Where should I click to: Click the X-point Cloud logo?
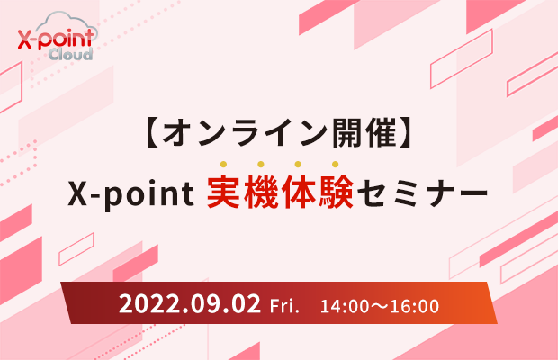pyautogui.click(x=58, y=36)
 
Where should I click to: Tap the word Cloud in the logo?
pyautogui.click(x=70, y=54)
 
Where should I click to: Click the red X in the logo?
pyautogui.click(x=24, y=40)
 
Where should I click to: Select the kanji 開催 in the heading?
pyautogui.click(x=364, y=133)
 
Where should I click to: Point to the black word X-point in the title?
pyautogui.click(x=131, y=193)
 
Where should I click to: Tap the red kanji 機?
pyautogui.click(x=261, y=192)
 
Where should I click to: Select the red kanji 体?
pyautogui.click(x=298, y=192)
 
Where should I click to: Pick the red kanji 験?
pyautogui.click(x=336, y=192)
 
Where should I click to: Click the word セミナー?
pyautogui.click(x=422, y=193)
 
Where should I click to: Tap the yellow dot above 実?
pyautogui.click(x=223, y=164)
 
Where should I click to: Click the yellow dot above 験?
pyautogui.click(x=335, y=164)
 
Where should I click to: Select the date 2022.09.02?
pyautogui.click(x=190, y=304)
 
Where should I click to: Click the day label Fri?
pyautogui.click(x=284, y=306)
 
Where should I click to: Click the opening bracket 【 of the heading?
pyautogui.click(x=153, y=133)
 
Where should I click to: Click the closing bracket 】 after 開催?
pyautogui.click(x=405, y=133)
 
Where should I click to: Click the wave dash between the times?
pyautogui.click(x=380, y=307)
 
